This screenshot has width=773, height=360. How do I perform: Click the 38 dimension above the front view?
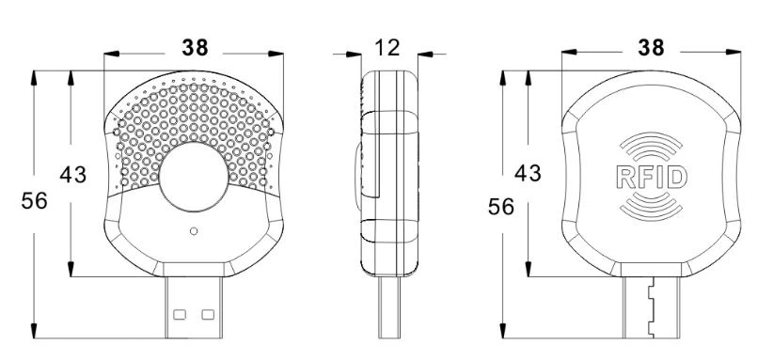click(x=195, y=48)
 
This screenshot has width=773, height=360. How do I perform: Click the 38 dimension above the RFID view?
click(x=651, y=48)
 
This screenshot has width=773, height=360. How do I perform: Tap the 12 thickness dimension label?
click(x=387, y=48)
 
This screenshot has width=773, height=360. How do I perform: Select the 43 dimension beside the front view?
click(x=73, y=174)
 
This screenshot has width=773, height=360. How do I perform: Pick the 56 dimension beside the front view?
click(x=35, y=201)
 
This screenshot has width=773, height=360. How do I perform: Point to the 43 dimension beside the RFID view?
click(x=528, y=173)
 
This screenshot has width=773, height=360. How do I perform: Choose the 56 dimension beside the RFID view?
click(x=501, y=207)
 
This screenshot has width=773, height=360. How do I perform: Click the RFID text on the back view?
click(x=652, y=178)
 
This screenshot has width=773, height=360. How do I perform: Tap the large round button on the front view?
click(x=194, y=177)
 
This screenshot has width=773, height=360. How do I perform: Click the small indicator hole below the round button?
click(x=194, y=231)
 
